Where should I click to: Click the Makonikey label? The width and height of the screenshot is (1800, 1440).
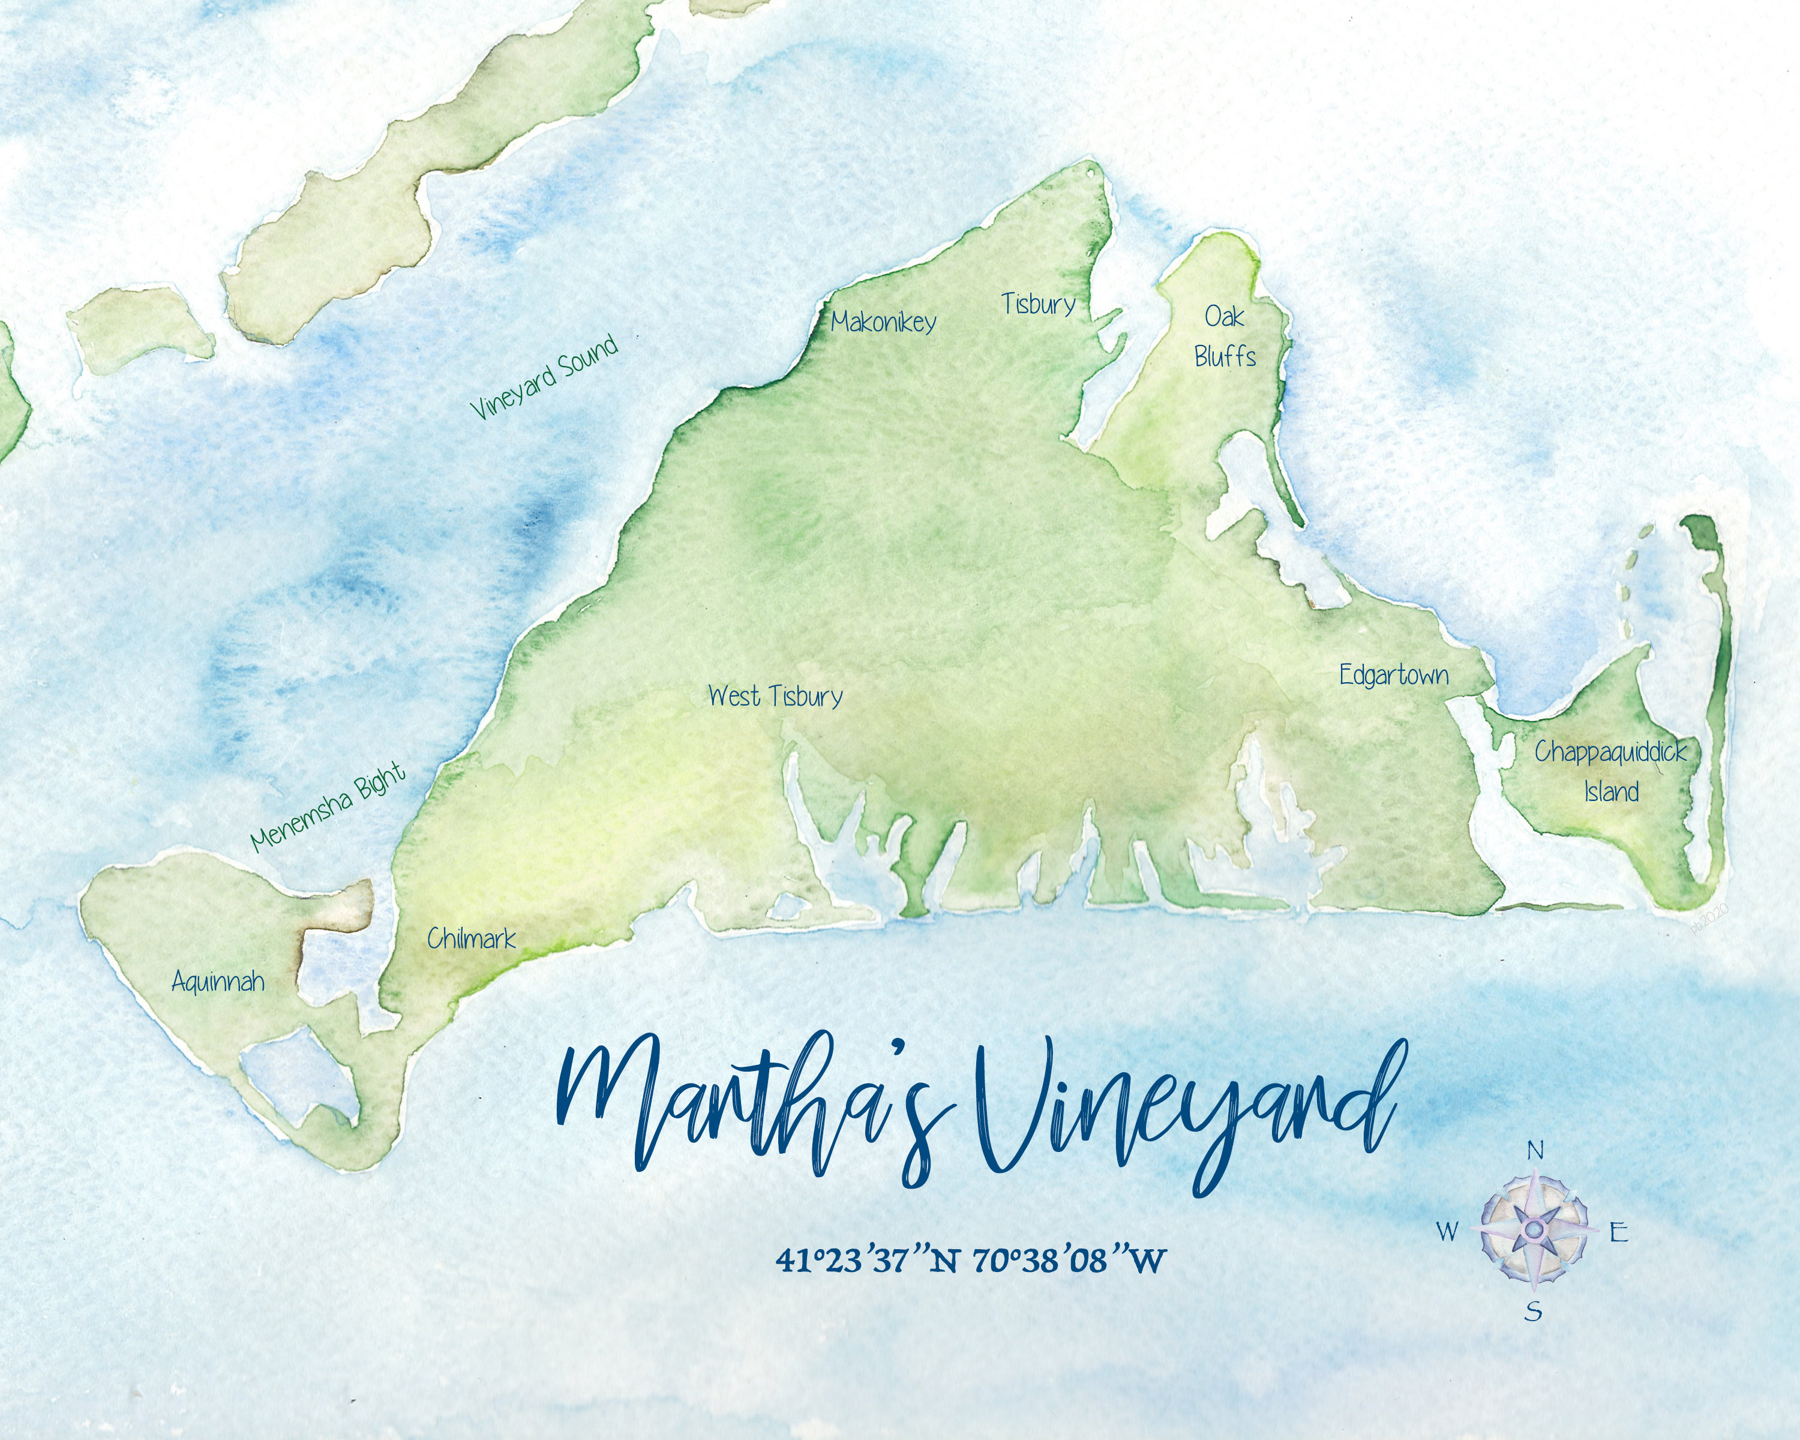[x=883, y=322]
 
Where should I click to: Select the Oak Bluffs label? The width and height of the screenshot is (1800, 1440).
[x=1225, y=337]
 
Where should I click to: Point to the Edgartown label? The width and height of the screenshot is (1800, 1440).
[x=1393, y=676]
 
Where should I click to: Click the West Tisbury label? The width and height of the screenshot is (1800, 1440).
[x=775, y=696]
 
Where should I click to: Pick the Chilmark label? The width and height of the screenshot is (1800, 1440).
[x=471, y=939]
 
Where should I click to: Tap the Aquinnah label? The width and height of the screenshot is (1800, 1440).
[x=218, y=981]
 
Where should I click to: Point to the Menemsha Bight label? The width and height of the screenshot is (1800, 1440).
[x=329, y=806]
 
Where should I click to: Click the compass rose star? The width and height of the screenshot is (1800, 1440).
[x=1534, y=1229]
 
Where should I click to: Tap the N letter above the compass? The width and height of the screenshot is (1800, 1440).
[x=1535, y=1151]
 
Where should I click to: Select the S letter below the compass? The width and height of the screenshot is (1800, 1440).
[x=1533, y=1312]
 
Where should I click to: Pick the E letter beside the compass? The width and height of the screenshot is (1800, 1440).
[x=1619, y=1232]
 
